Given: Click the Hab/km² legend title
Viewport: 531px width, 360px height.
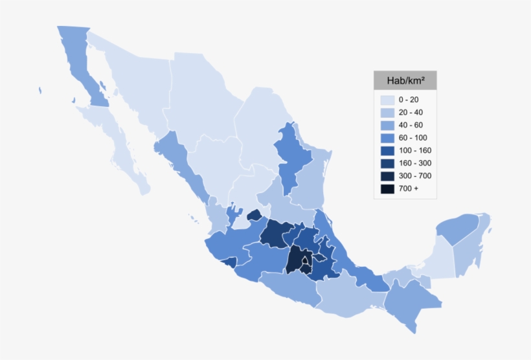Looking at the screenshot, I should click(x=405, y=80).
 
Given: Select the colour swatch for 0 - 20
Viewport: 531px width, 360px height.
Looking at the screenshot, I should click(x=387, y=100).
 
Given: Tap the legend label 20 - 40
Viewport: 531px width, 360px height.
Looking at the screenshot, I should click(x=411, y=112).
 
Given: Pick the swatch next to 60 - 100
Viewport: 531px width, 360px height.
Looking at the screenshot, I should click(x=387, y=138).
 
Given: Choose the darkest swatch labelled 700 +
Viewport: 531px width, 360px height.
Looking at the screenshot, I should click(x=387, y=188).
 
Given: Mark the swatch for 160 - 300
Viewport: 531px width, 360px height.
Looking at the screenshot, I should click(x=387, y=163).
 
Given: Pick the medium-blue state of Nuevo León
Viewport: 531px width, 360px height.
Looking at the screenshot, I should click(x=288, y=155).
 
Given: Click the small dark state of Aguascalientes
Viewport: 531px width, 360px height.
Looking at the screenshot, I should click(x=254, y=214).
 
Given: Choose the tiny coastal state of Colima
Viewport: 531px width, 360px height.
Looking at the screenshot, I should click(x=229, y=262).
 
